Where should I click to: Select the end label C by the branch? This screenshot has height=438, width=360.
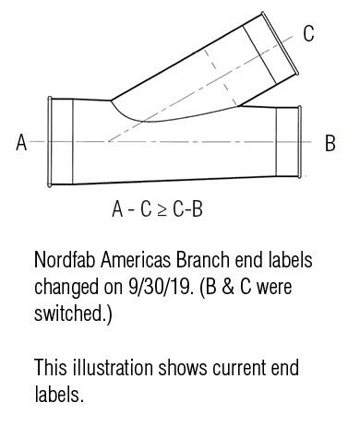click(309, 34)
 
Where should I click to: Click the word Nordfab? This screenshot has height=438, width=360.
click(65, 260)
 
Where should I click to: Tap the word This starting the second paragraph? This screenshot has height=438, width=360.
click(49, 369)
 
